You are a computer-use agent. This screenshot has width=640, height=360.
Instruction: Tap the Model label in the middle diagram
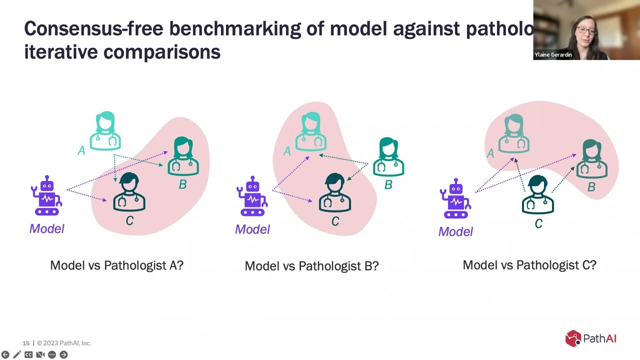point(252,229)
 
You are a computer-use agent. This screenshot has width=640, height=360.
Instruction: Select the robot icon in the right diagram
point(455,199)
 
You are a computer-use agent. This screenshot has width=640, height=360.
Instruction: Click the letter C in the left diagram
point(129,220)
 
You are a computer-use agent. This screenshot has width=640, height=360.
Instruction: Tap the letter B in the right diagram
point(591,187)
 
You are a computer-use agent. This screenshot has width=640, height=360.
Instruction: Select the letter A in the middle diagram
point(287,151)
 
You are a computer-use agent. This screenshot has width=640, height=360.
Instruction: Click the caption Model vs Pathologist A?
point(116,265)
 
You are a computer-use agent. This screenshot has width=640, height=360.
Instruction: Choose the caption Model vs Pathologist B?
point(311,266)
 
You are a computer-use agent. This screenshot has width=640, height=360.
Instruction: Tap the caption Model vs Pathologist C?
point(529,265)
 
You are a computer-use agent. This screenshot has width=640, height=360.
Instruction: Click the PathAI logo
point(590,338)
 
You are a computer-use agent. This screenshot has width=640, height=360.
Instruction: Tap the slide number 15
point(26,343)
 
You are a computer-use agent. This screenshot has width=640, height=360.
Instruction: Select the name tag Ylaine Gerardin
point(553,55)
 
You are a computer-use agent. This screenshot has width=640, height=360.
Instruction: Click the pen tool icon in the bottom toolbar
point(16,354)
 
